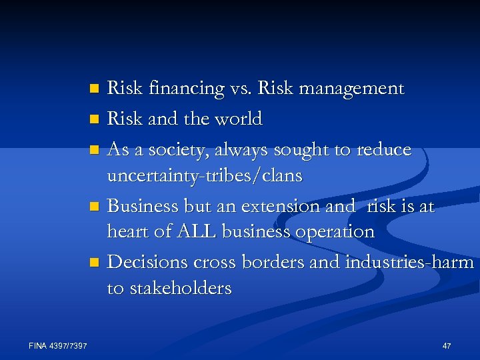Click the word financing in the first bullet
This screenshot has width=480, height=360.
coord(179,89)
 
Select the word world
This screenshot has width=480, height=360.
coord(237,119)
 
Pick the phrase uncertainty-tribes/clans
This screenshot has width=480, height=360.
coord(205,176)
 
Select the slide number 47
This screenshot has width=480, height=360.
coord(447,345)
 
